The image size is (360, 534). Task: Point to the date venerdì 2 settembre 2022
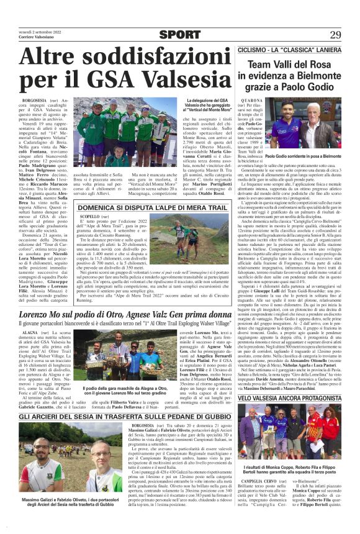click(38, 30)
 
